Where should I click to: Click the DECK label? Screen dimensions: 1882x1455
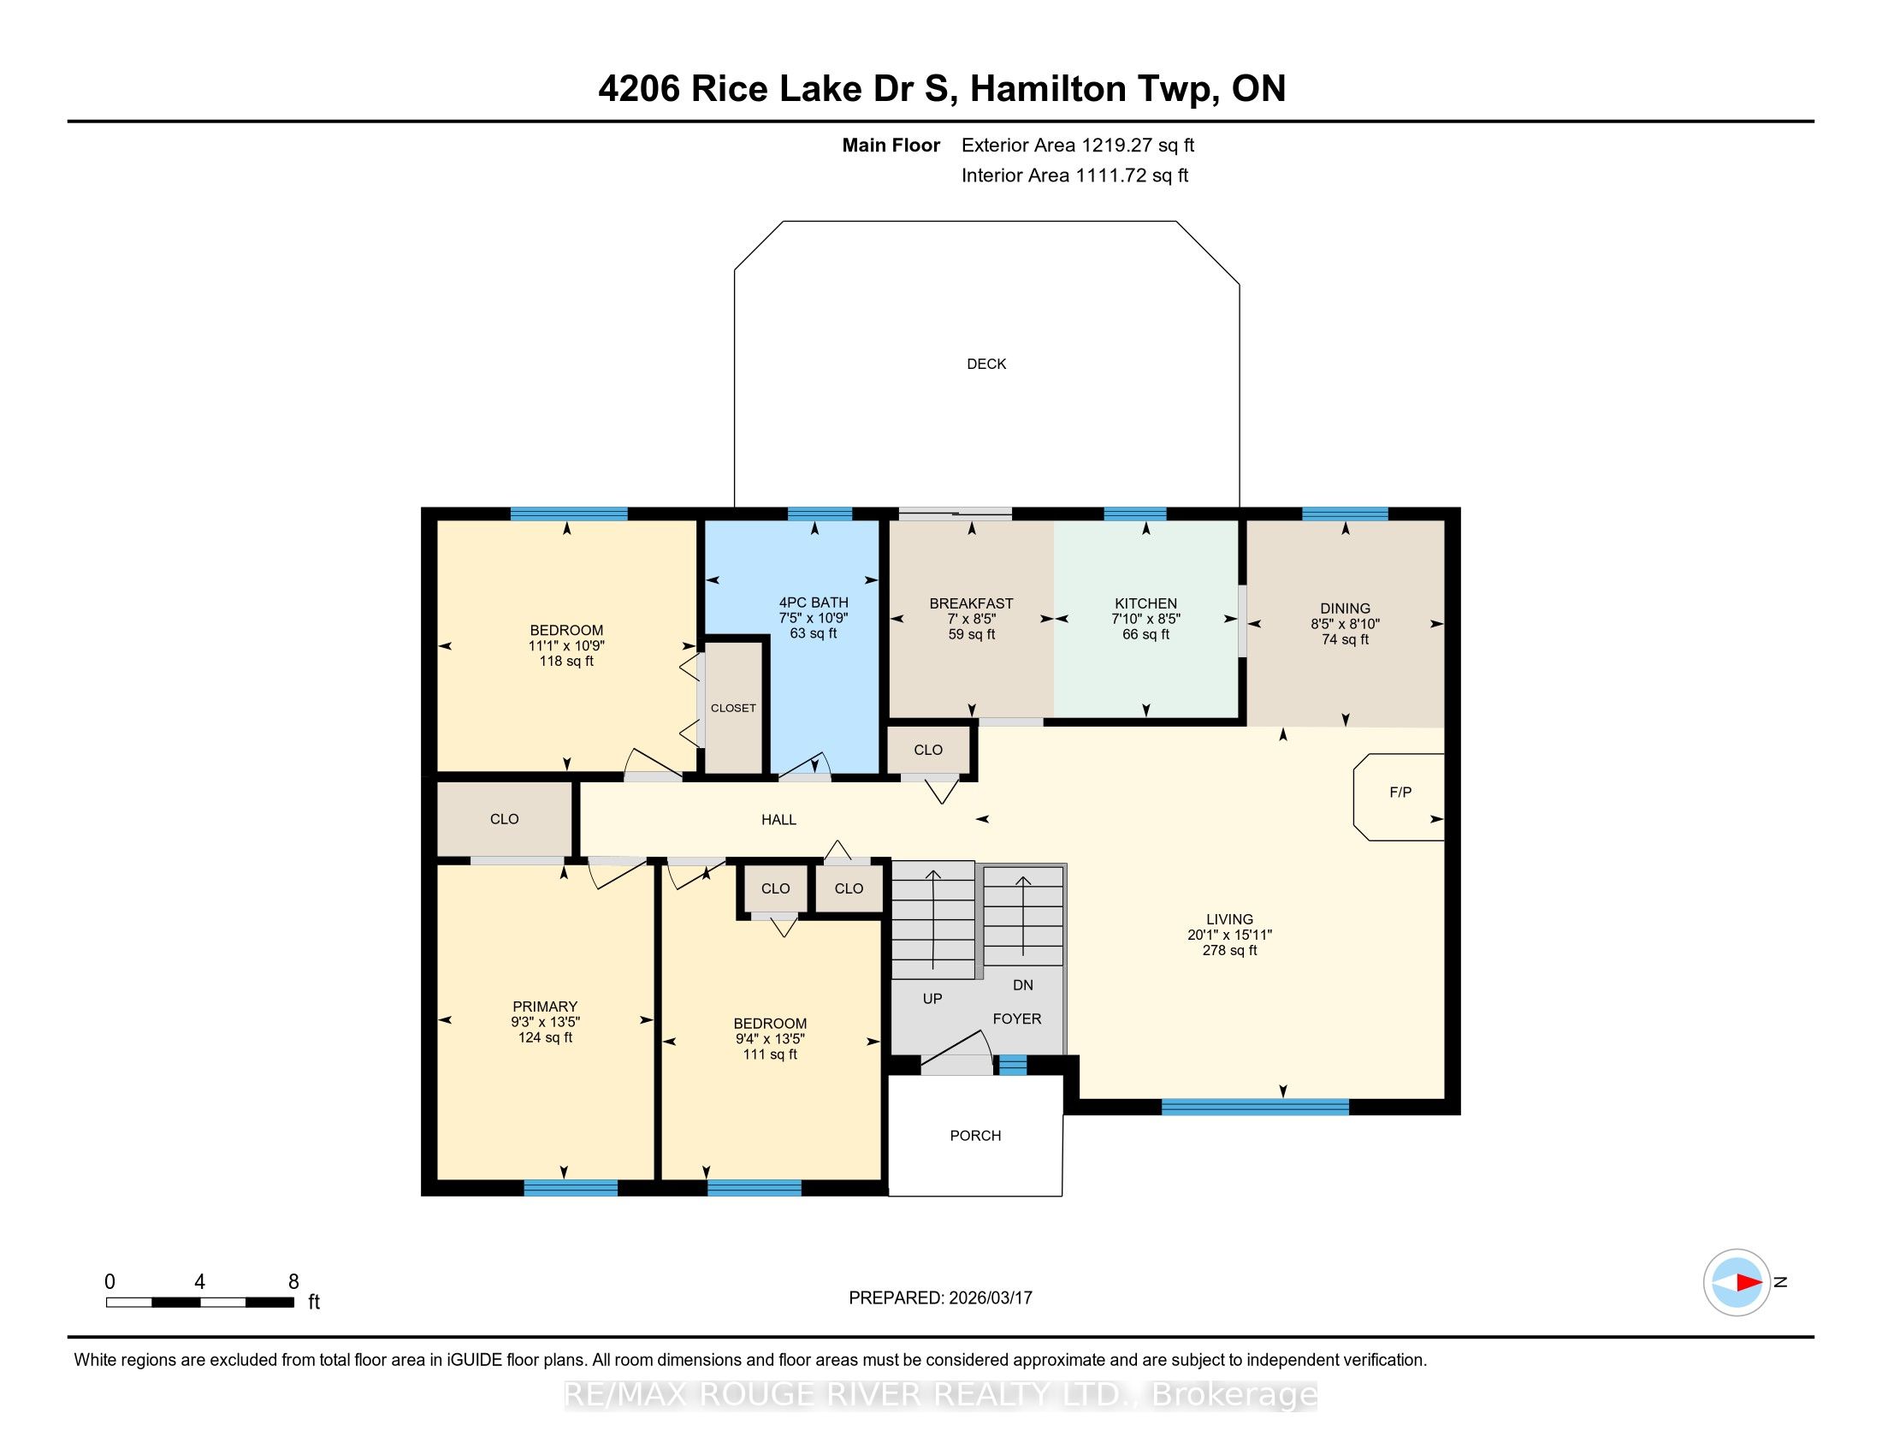pyautogui.click(x=985, y=364)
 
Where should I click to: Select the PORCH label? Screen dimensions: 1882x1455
pyautogui.click(x=975, y=1135)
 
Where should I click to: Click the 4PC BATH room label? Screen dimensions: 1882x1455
pyautogui.click(x=814, y=603)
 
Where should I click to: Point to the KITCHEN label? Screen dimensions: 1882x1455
pyautogui.click(x=1145, y=603)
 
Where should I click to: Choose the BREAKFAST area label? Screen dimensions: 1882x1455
pyautogui.click(x=971, y=603)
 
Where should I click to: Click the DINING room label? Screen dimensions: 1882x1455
pyautogui.click(x=1344, y=608)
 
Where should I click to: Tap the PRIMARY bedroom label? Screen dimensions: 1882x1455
pyautogui.click(x=545, y=1006)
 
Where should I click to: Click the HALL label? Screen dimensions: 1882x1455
pyautogui.click(x=778, y=819)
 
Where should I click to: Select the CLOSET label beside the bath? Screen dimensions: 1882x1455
pyautogui.click(x=733, y=708)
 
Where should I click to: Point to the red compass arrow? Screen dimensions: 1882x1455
pyautogui.click(x=1749, y=1282)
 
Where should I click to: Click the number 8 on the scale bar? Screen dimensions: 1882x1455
pyautogui.click(x=293, y=1281)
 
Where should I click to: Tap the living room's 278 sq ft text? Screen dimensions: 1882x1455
pyautogui.click(x=1229, y=950)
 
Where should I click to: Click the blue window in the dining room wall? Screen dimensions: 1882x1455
pyautogui.click(x=1344, y=514)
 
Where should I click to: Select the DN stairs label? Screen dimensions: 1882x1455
pyautogui.click(x=1022, y=984)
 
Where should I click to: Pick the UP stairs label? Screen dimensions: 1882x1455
pyautogui.click(x=932, y=998)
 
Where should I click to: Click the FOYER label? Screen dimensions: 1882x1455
pyautogui.click(x=1017, y=1018)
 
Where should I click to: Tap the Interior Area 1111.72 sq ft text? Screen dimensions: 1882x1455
pyautogui.click(x=1074, y=175)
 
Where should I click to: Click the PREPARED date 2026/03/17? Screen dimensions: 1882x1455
pyautogui.click(x=989, y=1298)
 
